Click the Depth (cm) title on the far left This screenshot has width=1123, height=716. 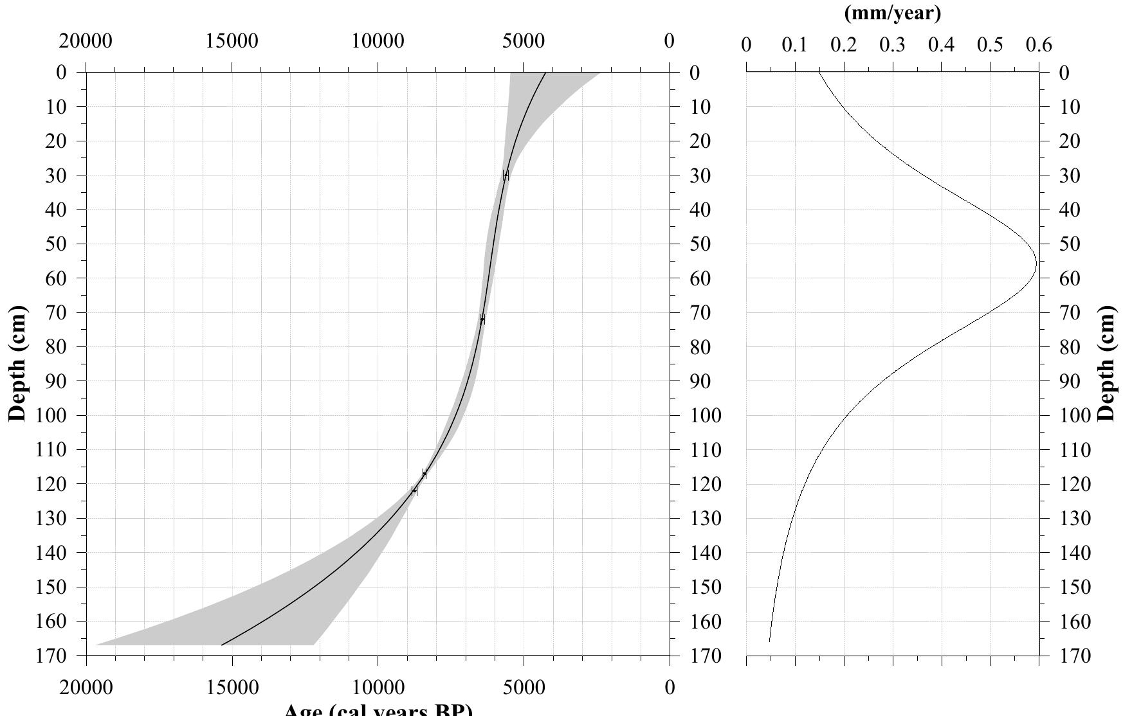19,363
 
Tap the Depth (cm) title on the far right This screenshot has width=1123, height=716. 1107,363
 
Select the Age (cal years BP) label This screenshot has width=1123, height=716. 378,710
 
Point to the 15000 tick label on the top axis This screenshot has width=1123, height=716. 232,41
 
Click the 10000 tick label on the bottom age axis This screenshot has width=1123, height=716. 378,688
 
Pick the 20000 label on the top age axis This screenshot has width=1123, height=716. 86,41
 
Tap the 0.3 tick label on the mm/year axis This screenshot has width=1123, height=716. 893,45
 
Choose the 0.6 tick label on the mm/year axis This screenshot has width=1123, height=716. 1039,45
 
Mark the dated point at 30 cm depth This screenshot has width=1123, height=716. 506,175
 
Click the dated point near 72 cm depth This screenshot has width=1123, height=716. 482,319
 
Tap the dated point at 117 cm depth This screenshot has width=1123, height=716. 424,474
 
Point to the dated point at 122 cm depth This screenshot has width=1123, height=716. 414,491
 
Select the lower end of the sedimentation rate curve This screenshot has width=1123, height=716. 769,641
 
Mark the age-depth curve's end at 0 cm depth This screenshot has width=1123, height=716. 545,73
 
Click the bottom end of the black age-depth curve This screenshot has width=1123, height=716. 222,644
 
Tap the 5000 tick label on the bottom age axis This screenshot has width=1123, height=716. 524,688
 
